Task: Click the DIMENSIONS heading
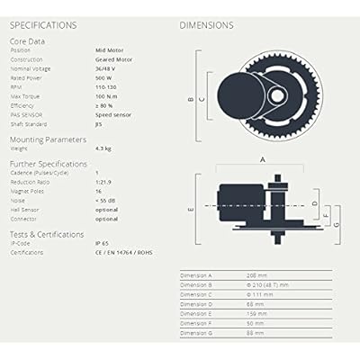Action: click(x=206, y=25)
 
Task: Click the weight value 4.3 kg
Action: click(x=103, y=149)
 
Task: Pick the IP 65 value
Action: click(x=103, y=243)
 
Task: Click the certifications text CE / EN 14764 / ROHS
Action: click(x=123, y=252)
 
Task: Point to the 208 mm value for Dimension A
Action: click(x=257, y=273)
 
